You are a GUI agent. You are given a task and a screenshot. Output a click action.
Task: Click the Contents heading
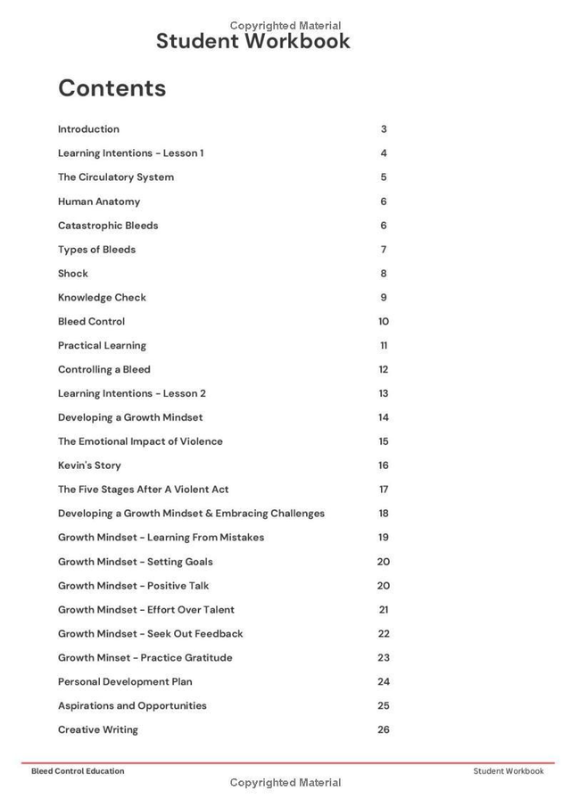click(x=112, y=88)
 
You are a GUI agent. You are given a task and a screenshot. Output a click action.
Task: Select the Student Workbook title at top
click(x=252, y=41)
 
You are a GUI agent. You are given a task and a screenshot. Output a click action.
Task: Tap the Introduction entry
click(x=88, y=129)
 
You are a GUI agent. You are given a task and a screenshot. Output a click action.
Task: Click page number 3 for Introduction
click(x=384, y=129)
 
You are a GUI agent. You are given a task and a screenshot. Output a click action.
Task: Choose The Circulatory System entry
click(x=116, y=177)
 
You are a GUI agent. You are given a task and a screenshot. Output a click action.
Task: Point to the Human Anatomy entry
click(x=99, y=202)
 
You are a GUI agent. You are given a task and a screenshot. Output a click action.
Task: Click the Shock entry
click(x=73, y=274)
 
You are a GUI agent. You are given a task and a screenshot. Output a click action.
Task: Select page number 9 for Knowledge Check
click(x=384, y=298)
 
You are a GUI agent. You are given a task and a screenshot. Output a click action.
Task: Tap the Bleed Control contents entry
click(x=91, y=322)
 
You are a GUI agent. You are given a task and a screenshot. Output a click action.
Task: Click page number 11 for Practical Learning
click(x=384, y=346)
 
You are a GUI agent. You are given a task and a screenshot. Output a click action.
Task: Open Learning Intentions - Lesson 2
click(x=132, y=393)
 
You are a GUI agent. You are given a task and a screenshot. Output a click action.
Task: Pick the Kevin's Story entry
click(x=89, y=465)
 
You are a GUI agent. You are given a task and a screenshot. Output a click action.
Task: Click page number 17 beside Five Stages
click(x=384, y=490)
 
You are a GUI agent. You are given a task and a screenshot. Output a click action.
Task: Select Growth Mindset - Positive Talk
click(x=134, y=586)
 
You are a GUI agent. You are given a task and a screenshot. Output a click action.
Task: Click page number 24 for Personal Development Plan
click(x=384, y=682)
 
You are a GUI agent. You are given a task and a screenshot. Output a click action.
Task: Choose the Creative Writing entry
click(x=98, y=730)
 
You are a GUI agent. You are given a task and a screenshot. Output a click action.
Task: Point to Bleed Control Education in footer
click(x=78, y=771)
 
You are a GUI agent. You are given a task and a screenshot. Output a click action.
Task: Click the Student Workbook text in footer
click(x=508, y=771)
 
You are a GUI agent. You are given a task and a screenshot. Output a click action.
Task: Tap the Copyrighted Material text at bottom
click(x=285, y=783)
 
